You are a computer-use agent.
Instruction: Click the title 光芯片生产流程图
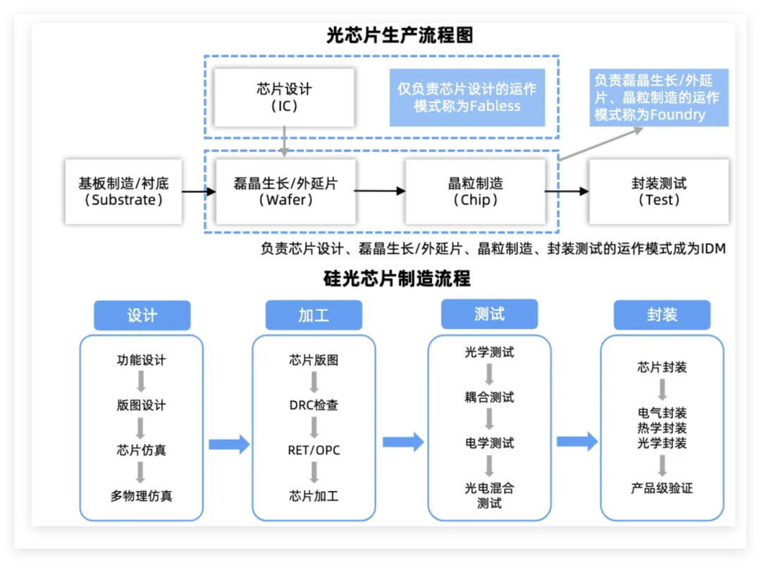tap(400, 35)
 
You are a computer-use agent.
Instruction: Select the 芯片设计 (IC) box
tap(285, 97)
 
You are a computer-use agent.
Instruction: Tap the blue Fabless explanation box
tap(467, 97)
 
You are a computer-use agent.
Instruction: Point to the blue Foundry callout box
tap(659, 97)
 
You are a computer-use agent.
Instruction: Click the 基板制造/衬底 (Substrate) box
tap(123, 192)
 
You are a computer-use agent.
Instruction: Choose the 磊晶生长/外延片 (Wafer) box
tap(285, 192)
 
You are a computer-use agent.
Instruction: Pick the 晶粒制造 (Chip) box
tap(475, 192)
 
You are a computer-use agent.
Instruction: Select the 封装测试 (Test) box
tap(659, 192)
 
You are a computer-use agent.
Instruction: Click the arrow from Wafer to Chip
tap(380, 191)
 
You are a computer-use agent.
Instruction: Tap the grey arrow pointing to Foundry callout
tap(601, 144)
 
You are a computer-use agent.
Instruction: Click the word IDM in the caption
tap(713, 249)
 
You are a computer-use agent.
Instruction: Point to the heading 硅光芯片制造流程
tap(397, 278)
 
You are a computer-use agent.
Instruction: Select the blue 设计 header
tap(142, 316)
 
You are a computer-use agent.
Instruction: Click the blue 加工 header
tap(314, 316)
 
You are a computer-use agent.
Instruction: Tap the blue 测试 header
tap(489, 314)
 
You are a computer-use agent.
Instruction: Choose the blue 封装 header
tap(662, 315)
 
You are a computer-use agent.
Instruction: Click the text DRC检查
tap(314, 404)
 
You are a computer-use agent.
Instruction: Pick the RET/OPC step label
tap(314, 450)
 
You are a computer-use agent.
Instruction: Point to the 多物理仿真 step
tap(141, 496)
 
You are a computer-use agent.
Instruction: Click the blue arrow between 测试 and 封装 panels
tap(577, 442)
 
